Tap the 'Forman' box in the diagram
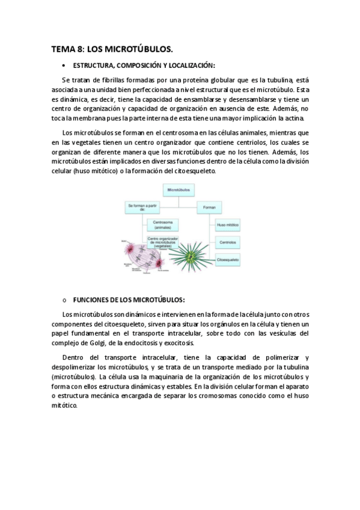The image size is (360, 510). point(209,207)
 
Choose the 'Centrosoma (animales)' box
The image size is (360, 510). point(162,226)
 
